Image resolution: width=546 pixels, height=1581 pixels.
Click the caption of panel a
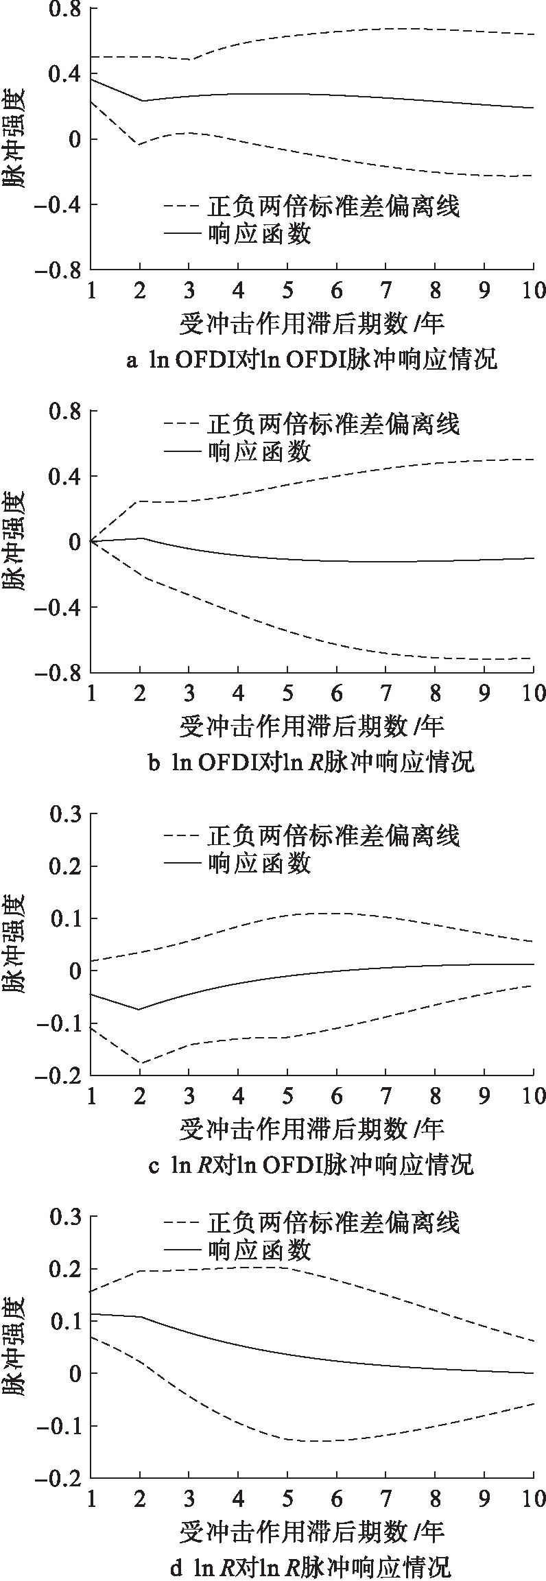tap(311, 359)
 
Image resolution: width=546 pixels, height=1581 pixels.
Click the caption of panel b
tap(311, 761)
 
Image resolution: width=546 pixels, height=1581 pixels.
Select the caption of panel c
tap(311, 1164)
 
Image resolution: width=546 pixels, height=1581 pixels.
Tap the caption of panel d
tap(311, 1566)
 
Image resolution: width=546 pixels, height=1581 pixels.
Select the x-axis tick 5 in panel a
tap(287, 289)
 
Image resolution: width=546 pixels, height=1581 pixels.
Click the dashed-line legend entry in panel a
tap(311, 206)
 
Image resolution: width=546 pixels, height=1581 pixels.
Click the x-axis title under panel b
tap(311, 726)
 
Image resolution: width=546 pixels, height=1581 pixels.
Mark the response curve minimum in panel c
tap(139, 1009)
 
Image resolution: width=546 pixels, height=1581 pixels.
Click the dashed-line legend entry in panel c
tap(311, 835)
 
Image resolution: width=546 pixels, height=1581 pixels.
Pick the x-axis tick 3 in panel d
tap(189, 1496)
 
